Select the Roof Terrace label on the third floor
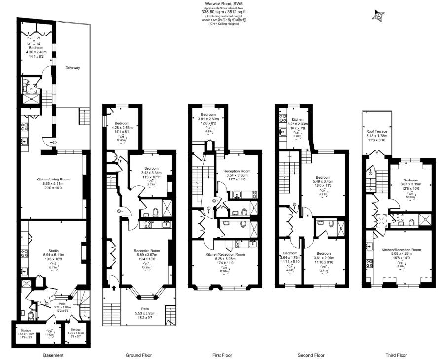(376, 131)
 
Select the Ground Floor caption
(139, 355)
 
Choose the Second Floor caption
(311, 355)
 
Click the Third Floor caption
(397, 355)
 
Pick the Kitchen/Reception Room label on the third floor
(401, 250)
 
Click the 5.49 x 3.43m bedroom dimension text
(323, 181)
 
